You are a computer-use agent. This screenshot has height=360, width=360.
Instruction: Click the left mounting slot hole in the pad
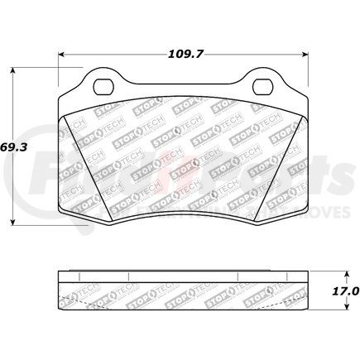click(106, 84)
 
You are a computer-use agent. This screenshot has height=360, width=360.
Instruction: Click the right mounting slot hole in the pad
click(262, 84)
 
